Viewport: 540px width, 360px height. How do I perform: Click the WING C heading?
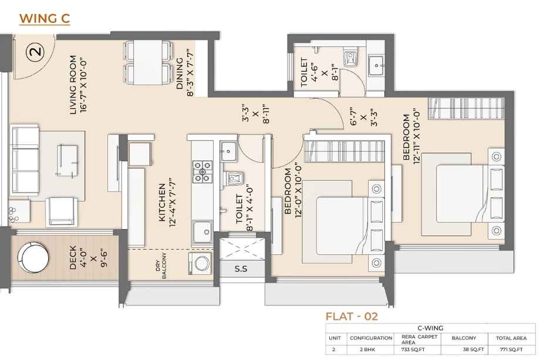pyautogui.click(x=45, y=19)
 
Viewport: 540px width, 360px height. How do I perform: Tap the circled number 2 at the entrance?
pyautogui.click(x=36, y=51)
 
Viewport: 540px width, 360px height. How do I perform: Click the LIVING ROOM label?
pyautogui.click(x=73, y=85)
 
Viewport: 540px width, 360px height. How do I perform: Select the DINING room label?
pyautogui.click(x=180, y=73)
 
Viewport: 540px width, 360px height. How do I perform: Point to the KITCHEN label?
pyautogui.click(x=162, y=202)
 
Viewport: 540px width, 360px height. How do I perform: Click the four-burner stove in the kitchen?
pyautogui.click(x=202, y=171)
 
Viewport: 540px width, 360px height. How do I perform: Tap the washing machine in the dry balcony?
pyautogui.click(x=200, y=264)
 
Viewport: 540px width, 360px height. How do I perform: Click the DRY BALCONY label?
pyautogui.click(x=161, y=265)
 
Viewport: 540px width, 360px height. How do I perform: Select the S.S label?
pyautogui.click(x=241, y=269)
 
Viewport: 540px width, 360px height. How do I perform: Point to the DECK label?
pyautogui.click(x=73, y=257)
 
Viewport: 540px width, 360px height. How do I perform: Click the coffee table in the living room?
pyautogui.click(x=67, y=160)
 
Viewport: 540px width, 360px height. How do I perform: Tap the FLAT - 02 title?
pyautogui.click(x=352, y=317)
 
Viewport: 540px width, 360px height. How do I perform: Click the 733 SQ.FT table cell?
pyautogui.click(x=413, y=349)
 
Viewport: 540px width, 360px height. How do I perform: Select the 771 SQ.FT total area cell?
pyautogui.click(x=511, y=349)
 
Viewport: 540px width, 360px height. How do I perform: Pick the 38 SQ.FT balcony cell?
pyautogui.click(x=473, y=349)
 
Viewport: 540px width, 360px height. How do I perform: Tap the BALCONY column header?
pyautogui.click(x=464, y=338)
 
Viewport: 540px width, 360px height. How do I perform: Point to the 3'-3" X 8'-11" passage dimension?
pyautogui.click(x=255, y=113)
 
